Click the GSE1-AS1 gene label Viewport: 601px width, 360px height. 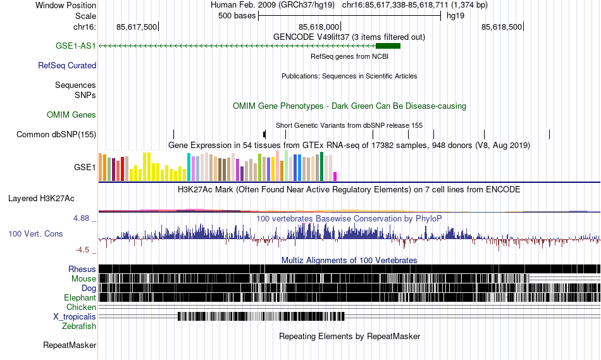point(75,46)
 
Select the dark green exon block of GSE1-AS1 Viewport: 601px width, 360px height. point(388,46)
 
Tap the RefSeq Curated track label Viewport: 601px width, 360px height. point(67,65)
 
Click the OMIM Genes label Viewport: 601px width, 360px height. point(71,115)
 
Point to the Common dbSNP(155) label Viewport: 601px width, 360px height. point(56,134)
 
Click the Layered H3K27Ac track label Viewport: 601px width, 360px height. point(41,198)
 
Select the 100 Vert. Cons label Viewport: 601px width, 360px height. point(35,233)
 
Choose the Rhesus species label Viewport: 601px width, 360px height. point(82,269)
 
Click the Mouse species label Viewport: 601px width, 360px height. point(84,278)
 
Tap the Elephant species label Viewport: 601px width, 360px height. point(80,297)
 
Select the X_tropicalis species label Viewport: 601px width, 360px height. point(75,316)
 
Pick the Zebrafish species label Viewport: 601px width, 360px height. point(79,326)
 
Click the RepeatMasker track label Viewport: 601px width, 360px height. point(70,345)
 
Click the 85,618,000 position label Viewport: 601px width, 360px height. point(319,27)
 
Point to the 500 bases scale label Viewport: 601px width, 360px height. point(237,16)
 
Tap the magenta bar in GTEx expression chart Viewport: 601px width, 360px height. point(335,176)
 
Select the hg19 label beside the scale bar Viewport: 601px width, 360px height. point(455,16)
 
